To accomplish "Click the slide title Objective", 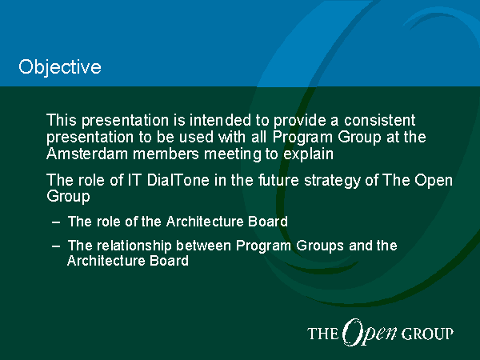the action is tap(60, 67).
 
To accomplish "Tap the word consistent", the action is tap(379, 120).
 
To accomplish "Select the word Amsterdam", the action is tap(87, 154).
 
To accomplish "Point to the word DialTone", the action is tap(178, 180).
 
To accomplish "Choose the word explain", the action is tap(308, 154).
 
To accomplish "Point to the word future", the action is tap(278, 180).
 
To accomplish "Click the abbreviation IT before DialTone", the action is tap(134, 180).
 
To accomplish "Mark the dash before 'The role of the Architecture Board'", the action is tap(56, 222).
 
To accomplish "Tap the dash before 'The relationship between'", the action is tap(56, 246).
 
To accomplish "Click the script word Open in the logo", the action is tap(370, 332).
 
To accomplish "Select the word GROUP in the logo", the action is tap(427, 334).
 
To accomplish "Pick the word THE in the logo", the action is tap(322, 334).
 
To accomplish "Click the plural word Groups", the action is tap(320, 246).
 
